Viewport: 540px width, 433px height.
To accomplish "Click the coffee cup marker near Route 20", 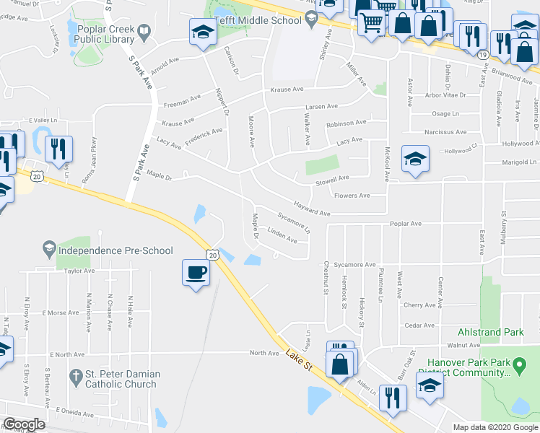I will click(195, 273).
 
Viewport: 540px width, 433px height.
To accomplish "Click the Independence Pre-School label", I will click(116, 250).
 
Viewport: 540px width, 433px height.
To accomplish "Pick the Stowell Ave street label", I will click(332, 180).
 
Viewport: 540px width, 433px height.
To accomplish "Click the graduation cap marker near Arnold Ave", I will click(203, 32).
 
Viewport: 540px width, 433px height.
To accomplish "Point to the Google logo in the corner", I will click(24, 424).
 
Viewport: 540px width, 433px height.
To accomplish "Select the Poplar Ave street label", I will click(406, 224).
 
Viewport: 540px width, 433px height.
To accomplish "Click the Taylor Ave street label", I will click(79, 271).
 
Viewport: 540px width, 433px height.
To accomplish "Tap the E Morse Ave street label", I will click(59, 313).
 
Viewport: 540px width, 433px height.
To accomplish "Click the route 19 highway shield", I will click(482, 54).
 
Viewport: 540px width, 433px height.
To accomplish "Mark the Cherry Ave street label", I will click(419, 305).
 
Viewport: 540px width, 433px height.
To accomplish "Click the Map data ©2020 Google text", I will click(495, 427).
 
